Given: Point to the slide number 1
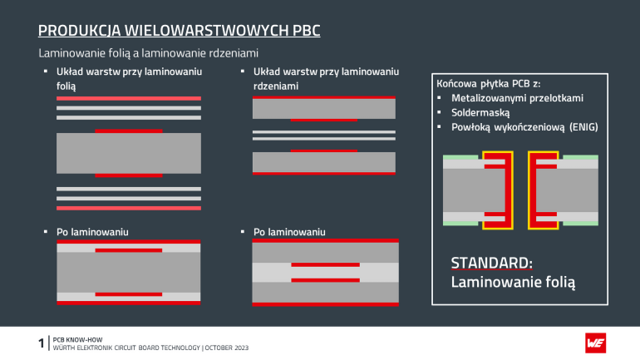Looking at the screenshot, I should point(42,343).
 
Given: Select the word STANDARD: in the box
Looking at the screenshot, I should point(491,264).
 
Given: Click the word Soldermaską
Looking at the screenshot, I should point(480,111).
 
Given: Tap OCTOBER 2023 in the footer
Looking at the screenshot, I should point(222,347).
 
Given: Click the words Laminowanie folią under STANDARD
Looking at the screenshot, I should point(514,282).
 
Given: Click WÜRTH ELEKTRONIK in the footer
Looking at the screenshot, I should point(86,347).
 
